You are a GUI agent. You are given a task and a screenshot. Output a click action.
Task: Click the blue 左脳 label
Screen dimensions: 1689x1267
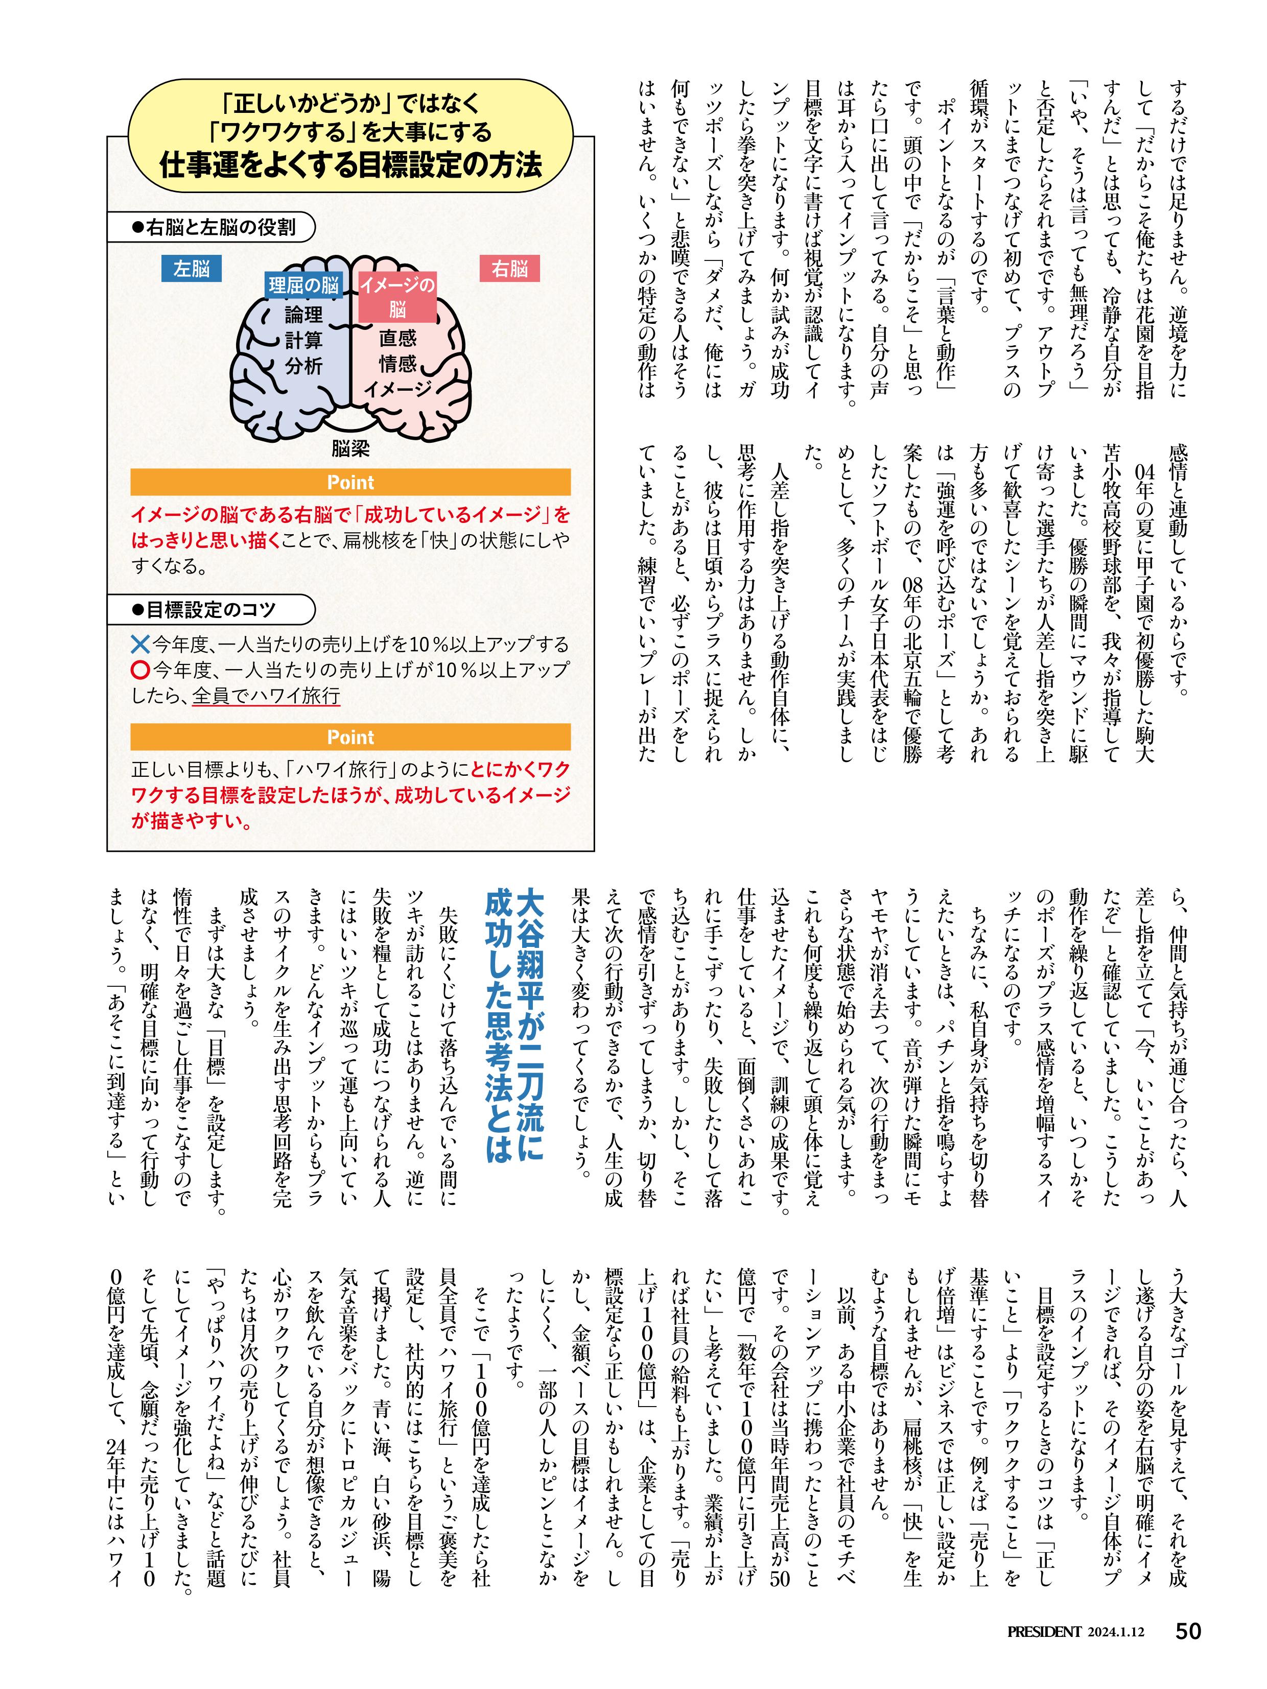pos(191,269)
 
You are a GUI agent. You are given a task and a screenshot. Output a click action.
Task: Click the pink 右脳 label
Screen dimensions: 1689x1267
pos(509,269)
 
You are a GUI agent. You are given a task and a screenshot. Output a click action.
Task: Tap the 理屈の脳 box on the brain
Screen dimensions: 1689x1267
pos(303,286)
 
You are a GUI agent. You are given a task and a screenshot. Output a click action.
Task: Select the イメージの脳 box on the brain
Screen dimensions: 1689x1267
pos(397,297)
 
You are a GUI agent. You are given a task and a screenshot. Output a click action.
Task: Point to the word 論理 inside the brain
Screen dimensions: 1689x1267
pos(303,315)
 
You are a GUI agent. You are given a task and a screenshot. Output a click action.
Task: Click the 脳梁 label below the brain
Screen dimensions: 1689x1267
pos(350,448)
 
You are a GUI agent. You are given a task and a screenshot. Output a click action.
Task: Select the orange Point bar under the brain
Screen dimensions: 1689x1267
pos(350,483)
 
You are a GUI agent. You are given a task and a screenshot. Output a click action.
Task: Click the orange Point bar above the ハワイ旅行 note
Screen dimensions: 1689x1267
pos(350,737)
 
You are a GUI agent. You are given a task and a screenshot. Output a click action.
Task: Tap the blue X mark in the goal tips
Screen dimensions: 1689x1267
pos(140,645)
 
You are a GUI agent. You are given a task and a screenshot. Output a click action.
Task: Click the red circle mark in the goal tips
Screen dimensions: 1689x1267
pos(140,671)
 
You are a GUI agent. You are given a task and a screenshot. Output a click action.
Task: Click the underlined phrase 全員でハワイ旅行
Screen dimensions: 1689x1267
pos(265,696)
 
